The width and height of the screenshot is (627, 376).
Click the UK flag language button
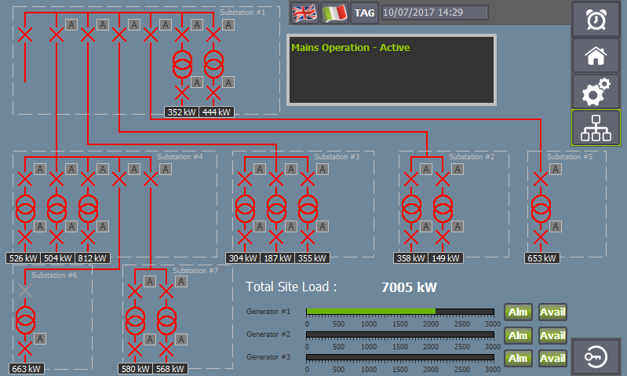pos(304,13)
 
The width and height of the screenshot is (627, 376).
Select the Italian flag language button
pos(334,13)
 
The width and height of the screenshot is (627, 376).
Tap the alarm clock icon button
pos(596,20)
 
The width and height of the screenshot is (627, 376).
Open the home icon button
pos(596,56)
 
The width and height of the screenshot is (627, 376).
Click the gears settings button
pos(596,92)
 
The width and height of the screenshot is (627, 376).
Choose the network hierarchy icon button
pos(596,128)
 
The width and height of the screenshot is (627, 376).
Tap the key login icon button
pos(596,357)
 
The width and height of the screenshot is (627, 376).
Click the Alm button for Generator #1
pos(518,312)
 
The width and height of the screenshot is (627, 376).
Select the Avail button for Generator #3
pos(552,358)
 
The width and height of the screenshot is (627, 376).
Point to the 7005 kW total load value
pos(409,287)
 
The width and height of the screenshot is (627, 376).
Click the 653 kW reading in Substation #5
pos(541,258)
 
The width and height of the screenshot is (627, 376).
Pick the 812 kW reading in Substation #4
pos(92,258)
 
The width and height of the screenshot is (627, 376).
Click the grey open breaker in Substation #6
pos(25,290)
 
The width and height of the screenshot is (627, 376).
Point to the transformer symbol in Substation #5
pos(541,208)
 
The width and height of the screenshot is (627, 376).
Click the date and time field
pos(435,13)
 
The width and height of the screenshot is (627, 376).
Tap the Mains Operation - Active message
pos(350,48)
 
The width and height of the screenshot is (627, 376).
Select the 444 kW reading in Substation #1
pos(217,112)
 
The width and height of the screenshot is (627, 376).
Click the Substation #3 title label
pos(337,157)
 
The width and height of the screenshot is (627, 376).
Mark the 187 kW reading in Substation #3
pos(278,258)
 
